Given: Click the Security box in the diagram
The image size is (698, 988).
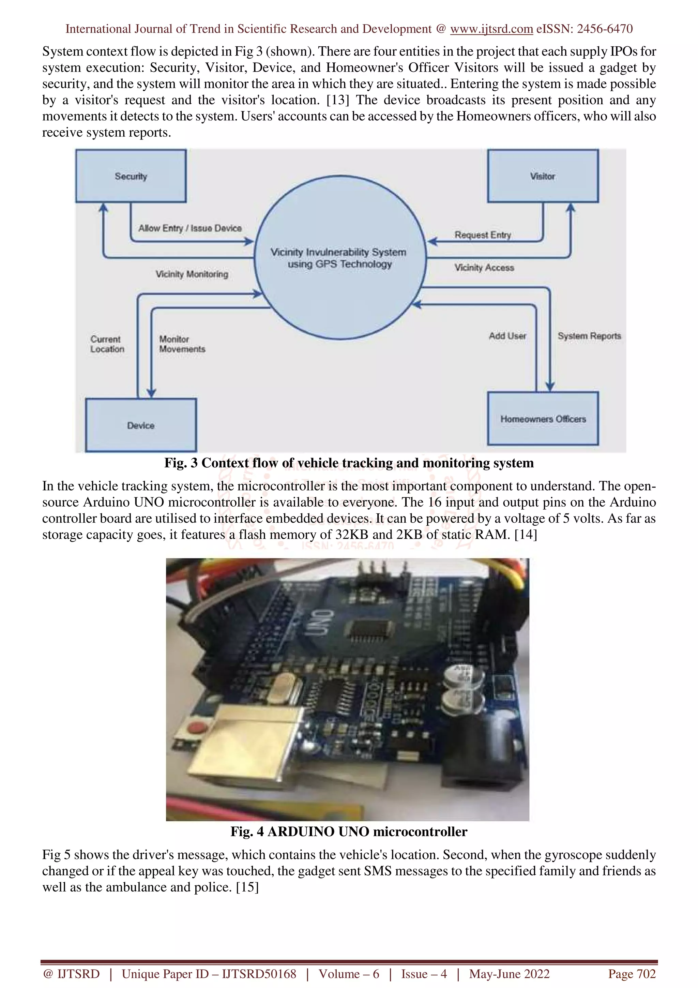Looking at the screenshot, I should click(x=131, y=176).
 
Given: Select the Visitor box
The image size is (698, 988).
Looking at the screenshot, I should click(x=542, y=176).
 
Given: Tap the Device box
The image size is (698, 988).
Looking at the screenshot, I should click(x=141, y=425).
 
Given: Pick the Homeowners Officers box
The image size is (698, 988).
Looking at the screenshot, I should click(x=543, y=418).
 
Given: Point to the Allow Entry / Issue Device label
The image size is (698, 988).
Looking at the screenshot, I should click(x=189, y=228).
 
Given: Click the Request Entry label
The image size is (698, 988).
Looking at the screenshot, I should click(x=483, y=235).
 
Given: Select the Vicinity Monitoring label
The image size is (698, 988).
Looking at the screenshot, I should click(x=192, y=274).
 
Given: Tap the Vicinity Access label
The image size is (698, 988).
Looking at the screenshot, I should click(x=484, y=267).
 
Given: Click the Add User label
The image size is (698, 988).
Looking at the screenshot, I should click(x=507, y=336).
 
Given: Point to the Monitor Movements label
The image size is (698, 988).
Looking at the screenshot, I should click(x=182, y=344).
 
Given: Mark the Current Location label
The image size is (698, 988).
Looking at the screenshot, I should click(x=107, y=344).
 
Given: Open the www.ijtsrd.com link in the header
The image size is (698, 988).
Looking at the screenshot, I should click(x=491, y=29).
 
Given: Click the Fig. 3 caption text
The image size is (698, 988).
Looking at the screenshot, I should click(x=349, y=463).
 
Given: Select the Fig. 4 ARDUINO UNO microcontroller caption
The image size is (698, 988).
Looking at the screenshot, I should click(x=349, y=832).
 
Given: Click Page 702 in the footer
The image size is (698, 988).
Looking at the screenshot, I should click(x=631, y=974).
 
